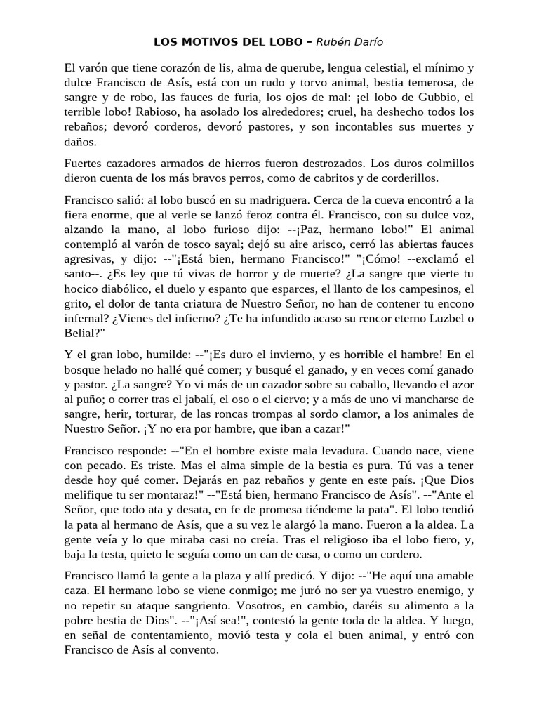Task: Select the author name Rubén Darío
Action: [350, 41]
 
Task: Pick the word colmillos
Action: [448, 163]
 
